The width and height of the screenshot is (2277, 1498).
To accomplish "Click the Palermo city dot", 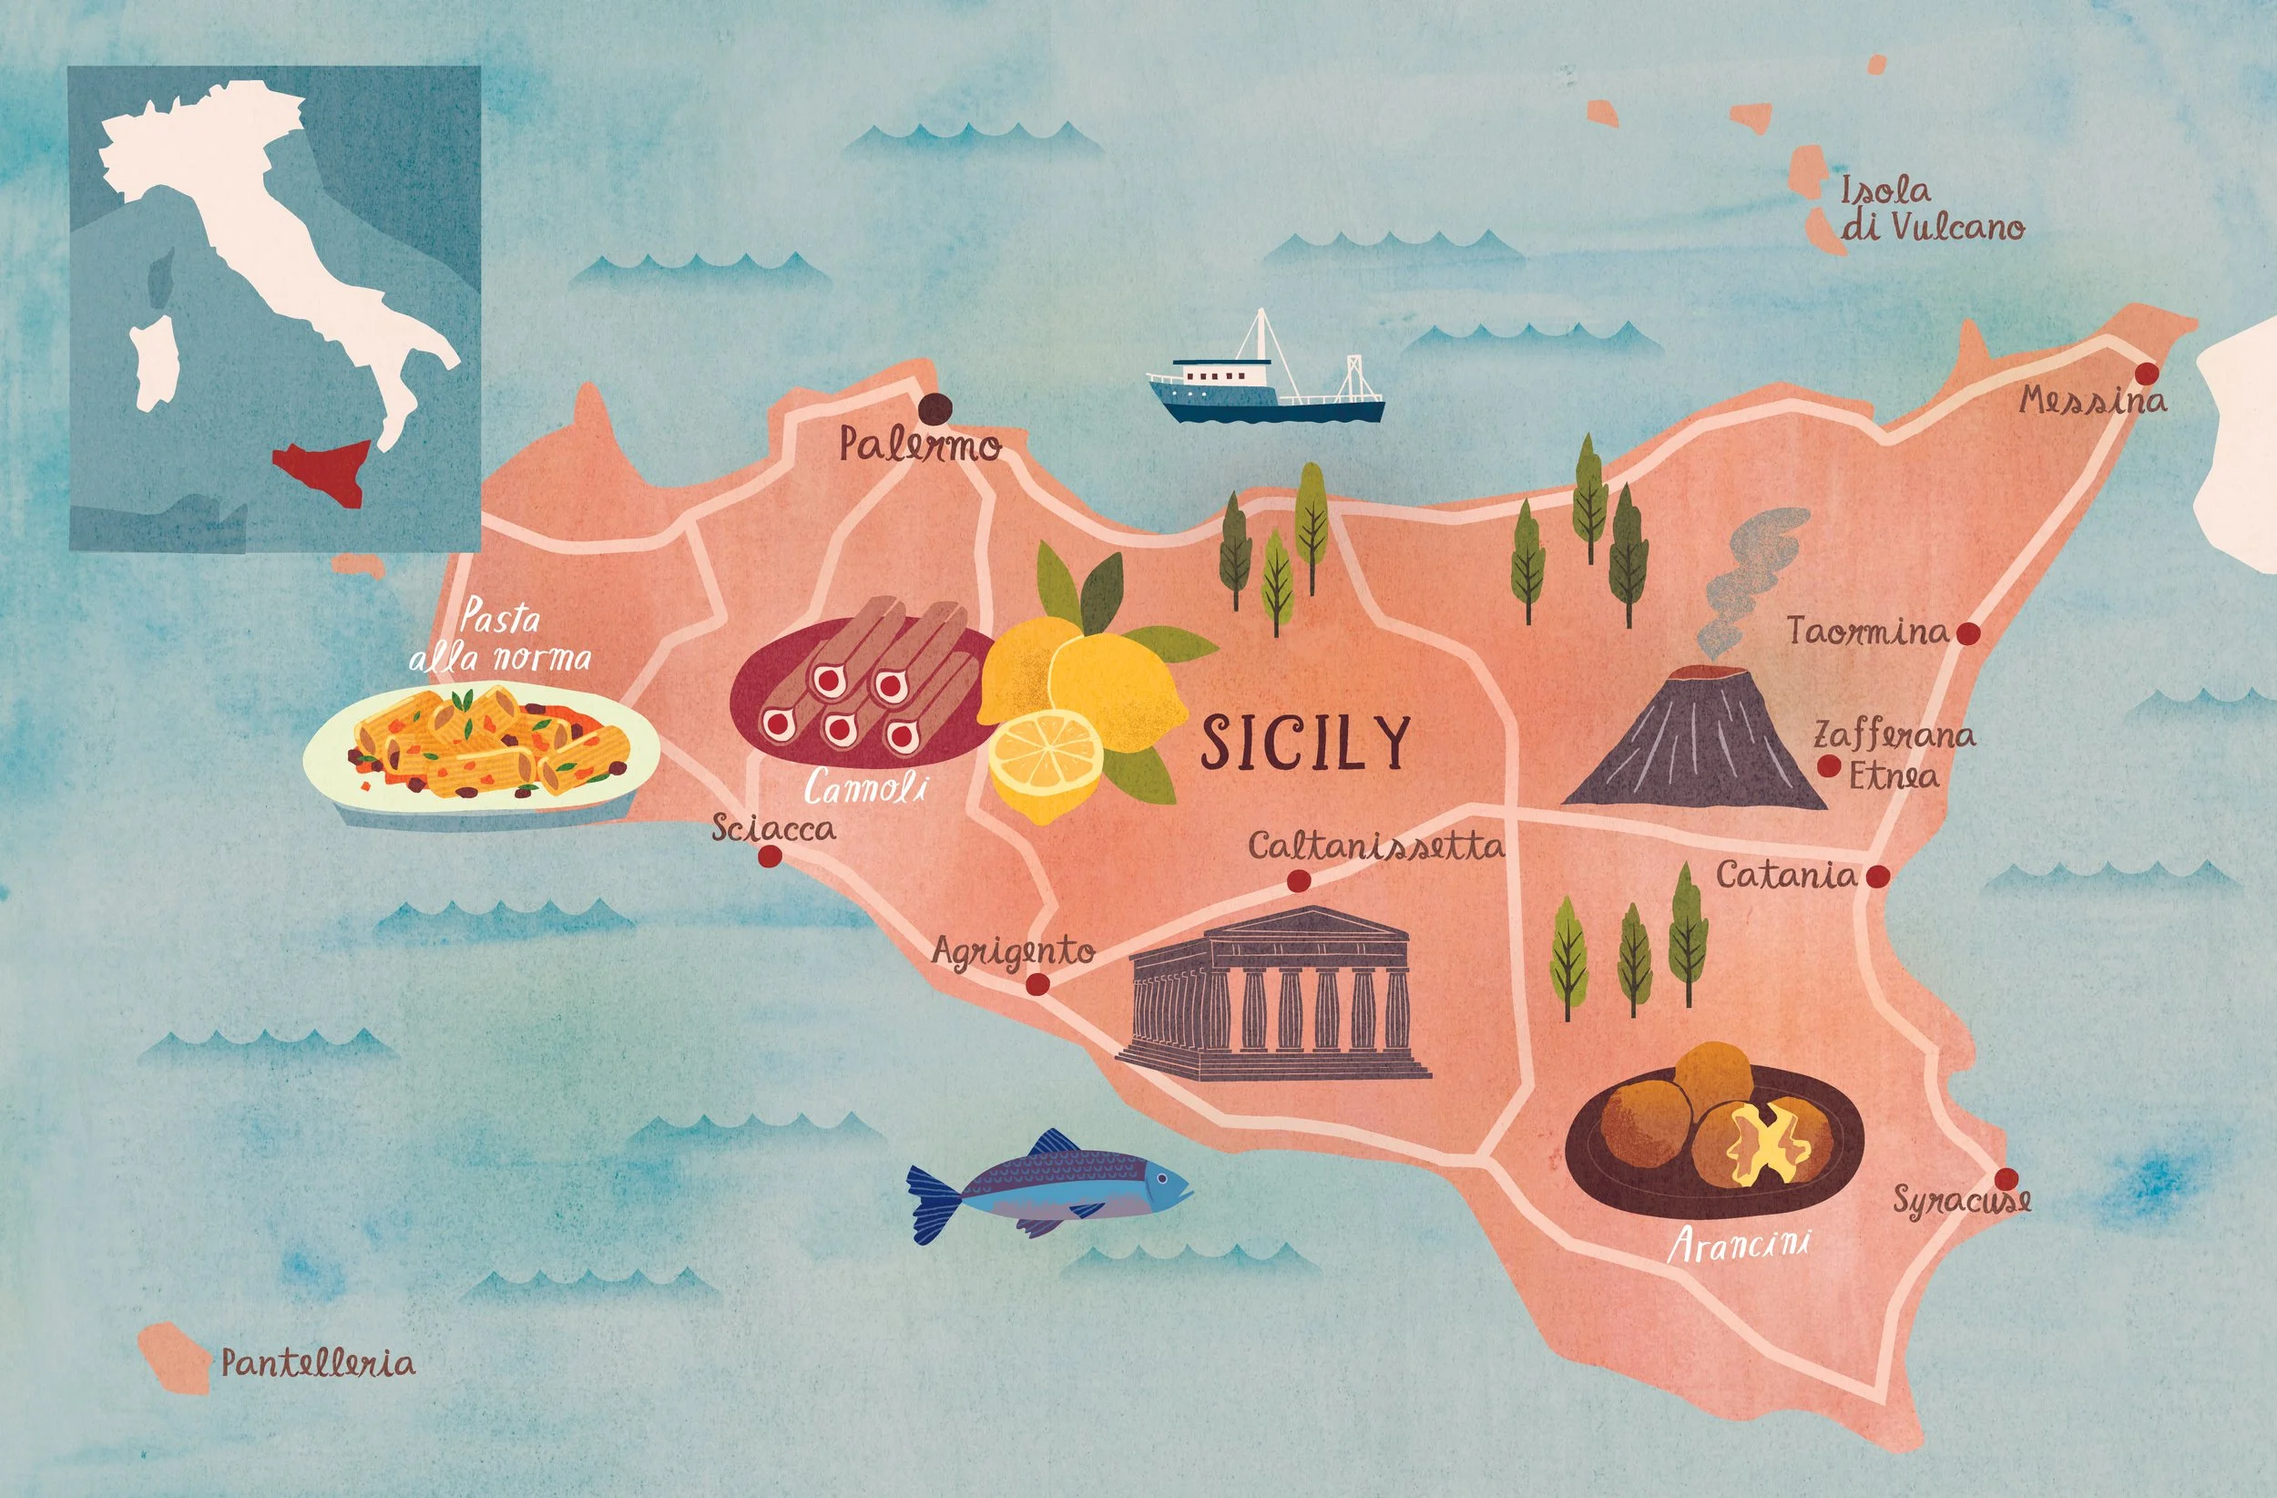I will tap(933, 409).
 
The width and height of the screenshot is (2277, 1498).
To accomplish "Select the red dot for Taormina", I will tap(1968, 633).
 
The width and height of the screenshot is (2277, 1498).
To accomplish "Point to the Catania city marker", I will tap(1878, 876).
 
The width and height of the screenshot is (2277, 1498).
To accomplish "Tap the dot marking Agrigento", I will tap(1037, 984).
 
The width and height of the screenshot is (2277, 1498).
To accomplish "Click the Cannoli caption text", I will tap(866, 789).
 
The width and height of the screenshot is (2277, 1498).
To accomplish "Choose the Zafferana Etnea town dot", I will tap(1828, 765).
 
